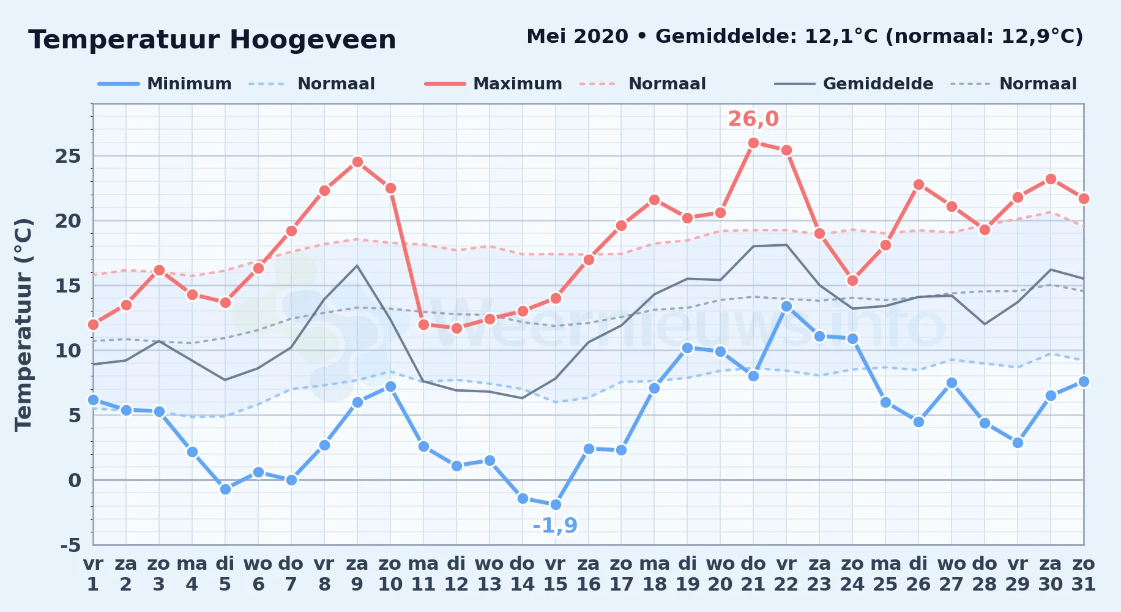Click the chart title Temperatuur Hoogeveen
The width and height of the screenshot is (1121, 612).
coord(212,40)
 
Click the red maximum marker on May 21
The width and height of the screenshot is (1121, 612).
coord(753,143)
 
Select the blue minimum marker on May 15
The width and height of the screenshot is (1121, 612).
coord(555,504)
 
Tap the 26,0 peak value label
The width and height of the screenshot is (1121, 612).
coord(753,119)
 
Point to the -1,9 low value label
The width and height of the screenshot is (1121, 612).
coord(555,525)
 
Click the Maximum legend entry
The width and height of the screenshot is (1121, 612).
coord(493,84)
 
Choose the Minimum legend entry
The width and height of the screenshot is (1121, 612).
coord(165,84)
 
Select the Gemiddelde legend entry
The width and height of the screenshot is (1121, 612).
coord(854,84)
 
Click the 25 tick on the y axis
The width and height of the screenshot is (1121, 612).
coord(68,156)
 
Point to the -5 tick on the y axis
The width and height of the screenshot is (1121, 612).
coord(70,545)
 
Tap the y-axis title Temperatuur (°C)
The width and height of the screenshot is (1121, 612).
coord(23,324)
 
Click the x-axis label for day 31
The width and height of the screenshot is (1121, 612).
coord(1083,573)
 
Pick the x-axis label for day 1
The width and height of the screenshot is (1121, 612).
coord(93,573)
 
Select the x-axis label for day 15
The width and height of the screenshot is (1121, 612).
coord(555,573)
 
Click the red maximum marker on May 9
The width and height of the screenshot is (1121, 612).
coord(357,162)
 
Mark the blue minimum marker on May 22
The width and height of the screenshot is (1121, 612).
coord(786,306)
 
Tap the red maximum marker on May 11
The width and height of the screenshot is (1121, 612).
coord(423,324)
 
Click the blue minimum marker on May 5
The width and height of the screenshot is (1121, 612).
coord(225,489)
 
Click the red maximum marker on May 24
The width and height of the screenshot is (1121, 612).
coord(852,281)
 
